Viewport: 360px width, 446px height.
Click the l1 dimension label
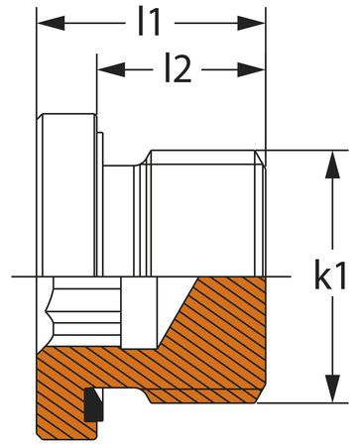150,23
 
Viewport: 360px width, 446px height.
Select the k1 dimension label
337,276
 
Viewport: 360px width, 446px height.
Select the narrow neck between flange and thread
119,218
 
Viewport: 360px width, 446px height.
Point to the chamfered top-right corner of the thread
262,156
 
